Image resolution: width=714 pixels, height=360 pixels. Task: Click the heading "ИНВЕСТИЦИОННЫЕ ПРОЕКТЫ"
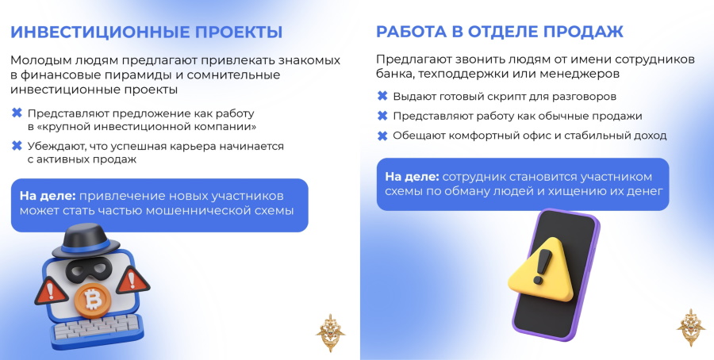click(x=146, y=33)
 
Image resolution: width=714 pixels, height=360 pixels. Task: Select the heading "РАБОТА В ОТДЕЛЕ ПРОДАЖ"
click(x=499, y=32)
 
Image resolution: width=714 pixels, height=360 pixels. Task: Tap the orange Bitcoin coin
click(x=93, y=300)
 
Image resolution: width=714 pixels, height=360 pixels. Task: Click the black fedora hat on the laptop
click(x=85, y=239)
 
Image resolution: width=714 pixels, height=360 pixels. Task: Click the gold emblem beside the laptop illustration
click(x=330, y=332)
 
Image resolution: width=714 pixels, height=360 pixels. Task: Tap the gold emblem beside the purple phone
click(x=691, y=327)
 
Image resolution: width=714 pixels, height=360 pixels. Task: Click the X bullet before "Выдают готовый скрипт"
click(x=382, y=96)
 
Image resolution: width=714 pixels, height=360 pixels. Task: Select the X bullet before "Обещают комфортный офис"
click(x=382, y=135)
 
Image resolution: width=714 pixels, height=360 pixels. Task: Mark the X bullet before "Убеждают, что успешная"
click(x=17, y=146)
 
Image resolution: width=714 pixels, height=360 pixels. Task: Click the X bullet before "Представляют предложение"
click(x=17, y=113)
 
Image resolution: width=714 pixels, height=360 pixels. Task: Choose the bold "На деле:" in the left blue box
click(x=48, y=196)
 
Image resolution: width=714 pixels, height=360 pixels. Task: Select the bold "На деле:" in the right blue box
click(x=412, y=177)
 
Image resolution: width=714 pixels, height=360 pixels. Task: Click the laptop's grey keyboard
click(x=97, y=327)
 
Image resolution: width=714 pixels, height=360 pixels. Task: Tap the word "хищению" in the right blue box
click(x=576, y=192)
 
